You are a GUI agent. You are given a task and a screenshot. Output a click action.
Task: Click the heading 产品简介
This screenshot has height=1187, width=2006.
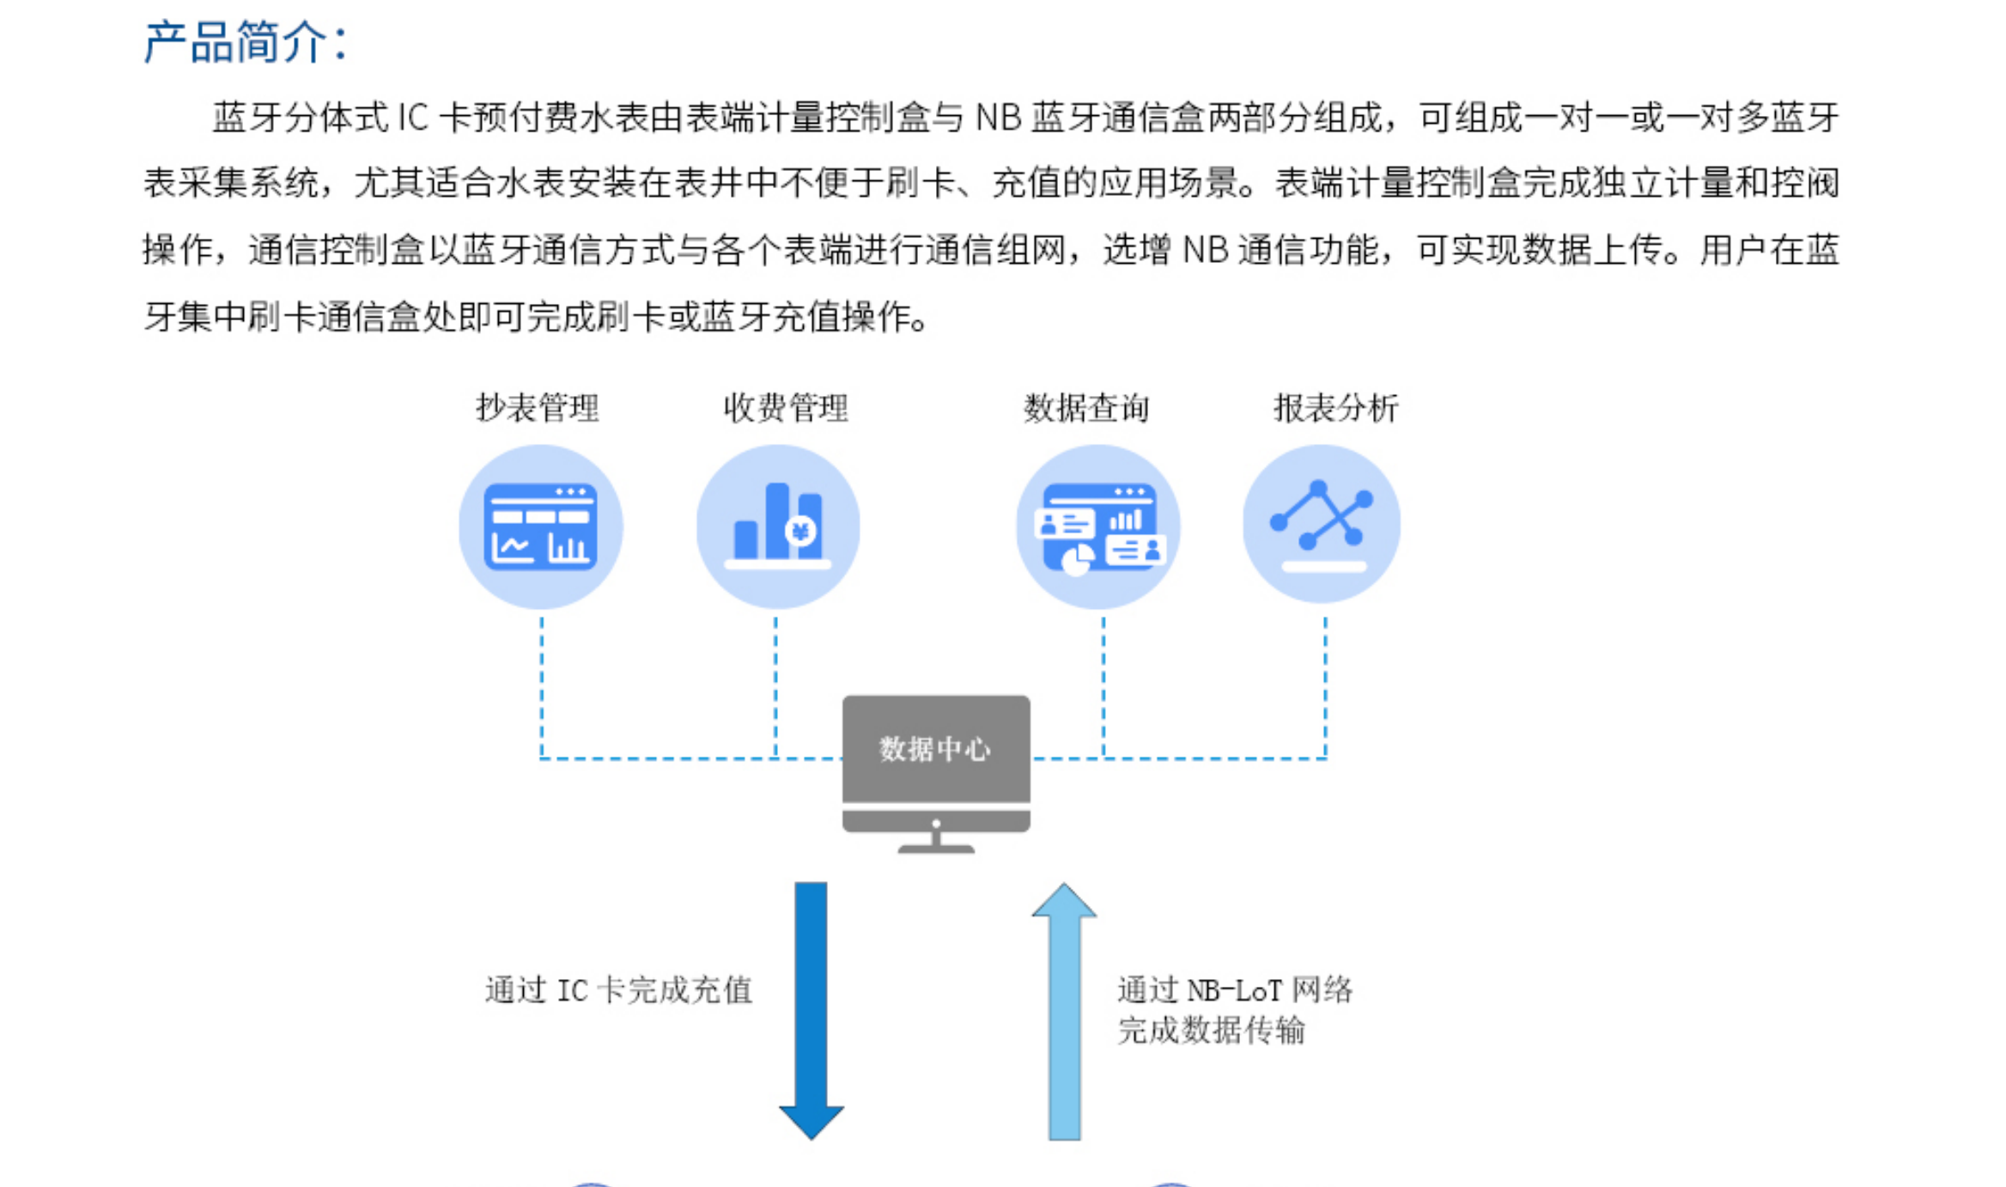(245, 41)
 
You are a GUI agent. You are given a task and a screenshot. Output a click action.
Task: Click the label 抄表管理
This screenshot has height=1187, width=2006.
(538, 407)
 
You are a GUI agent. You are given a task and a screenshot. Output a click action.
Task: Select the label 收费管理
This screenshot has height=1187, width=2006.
(786, 407)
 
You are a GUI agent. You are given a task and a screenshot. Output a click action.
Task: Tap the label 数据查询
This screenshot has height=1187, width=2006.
(1086, 407)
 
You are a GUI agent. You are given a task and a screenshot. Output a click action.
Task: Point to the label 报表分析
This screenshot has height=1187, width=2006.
(1335, 407)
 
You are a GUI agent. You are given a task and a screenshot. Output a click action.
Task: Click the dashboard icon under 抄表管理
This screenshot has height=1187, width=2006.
(540, 527)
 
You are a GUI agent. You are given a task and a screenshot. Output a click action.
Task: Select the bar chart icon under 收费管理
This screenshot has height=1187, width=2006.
(777, 527)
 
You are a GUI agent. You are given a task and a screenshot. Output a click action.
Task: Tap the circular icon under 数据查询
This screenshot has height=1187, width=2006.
(1098, 527)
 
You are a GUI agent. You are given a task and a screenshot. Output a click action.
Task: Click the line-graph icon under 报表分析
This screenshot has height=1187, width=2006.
(1322, 524)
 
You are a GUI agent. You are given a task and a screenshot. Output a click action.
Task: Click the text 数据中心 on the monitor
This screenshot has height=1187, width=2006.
(935, 749)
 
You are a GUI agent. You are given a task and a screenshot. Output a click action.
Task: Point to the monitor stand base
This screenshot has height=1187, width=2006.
(936, 848)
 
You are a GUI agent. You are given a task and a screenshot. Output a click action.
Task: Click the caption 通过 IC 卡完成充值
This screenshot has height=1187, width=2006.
(618, 990)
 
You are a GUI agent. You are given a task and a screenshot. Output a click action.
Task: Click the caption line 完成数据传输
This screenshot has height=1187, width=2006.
(1211, 1029)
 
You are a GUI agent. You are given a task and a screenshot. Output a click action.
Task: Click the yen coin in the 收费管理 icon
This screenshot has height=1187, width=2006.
(800, 532)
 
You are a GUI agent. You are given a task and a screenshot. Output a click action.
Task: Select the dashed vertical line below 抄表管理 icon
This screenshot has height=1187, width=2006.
(541, 687)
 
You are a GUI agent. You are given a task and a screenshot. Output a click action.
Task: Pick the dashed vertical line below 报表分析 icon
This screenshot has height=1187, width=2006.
(1325, 687)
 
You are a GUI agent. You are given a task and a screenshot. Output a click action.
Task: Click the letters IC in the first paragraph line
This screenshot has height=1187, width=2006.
(413, 118)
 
